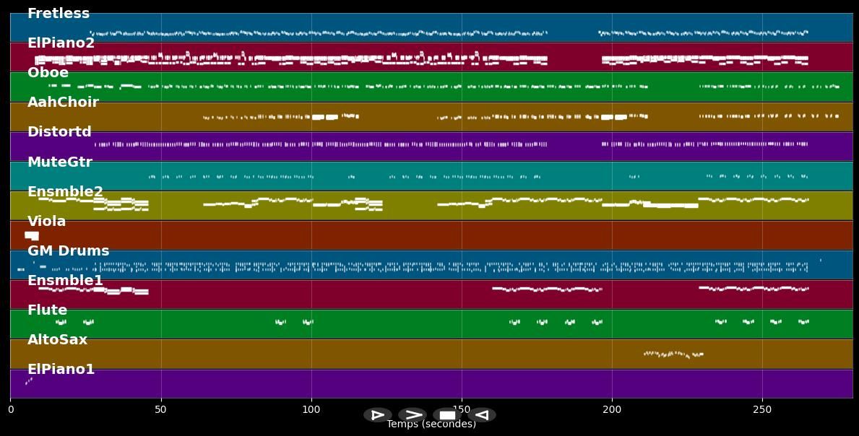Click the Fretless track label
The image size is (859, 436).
point(59,14)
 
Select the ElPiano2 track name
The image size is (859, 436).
point(61,43)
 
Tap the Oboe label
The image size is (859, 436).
point(48,73)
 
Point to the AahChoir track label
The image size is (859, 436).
point(63,103)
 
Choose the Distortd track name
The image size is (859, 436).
point(59,132)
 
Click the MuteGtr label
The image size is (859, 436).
point(60,162)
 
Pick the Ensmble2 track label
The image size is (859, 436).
point(65,192)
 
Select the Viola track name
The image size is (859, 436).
point(46,222)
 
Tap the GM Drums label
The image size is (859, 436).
point(68,251)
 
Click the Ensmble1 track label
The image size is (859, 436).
point(65,281)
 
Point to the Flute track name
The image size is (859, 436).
point(47,310)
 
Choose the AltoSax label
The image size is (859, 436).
point(57,340)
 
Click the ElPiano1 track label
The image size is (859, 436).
point(61,370)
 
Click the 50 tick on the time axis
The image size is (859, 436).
point(160,409)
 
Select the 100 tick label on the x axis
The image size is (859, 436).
point(311,409)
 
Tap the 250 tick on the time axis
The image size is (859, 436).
point(762,409)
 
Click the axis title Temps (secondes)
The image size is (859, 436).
point(431,424)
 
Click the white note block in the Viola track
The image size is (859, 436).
point(32,235)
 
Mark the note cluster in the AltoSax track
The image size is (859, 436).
point(673,354)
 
